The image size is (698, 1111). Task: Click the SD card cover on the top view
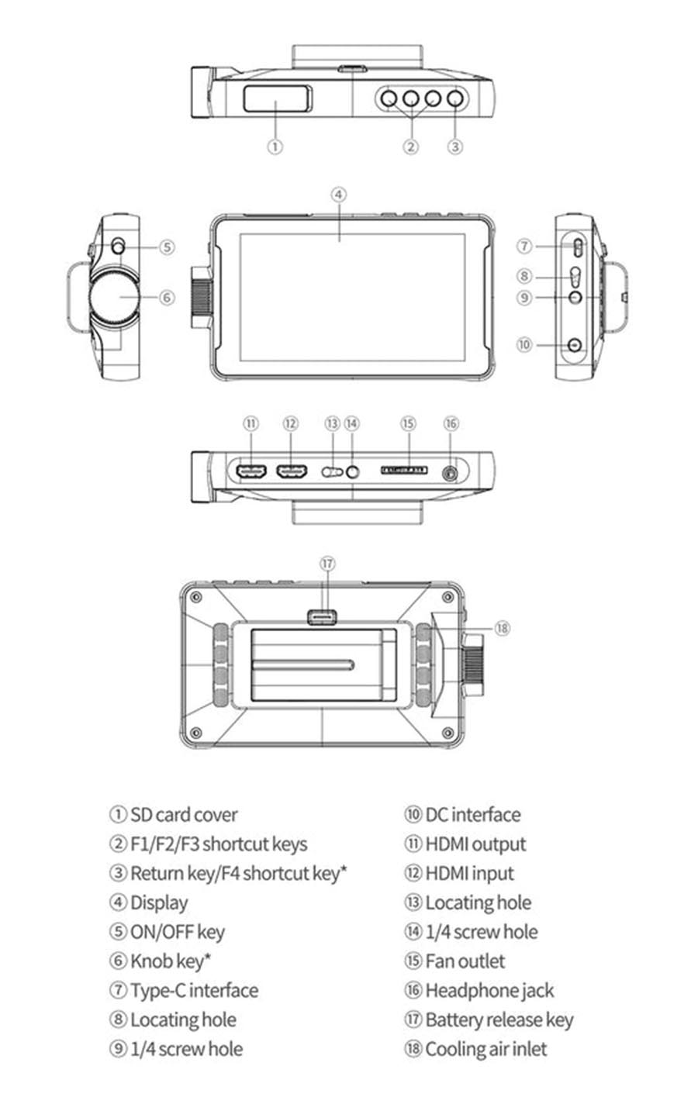pyautogui.click(x=278, y=98)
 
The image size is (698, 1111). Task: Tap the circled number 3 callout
pyautogui.click(x=455, y=147)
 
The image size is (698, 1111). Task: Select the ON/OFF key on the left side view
pyautogui.click(x=118, y=246)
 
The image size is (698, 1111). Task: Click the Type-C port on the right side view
pyautogui.click(x=579, y=247)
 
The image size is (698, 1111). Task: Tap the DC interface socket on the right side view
pyautogui.click(x=575, y=345)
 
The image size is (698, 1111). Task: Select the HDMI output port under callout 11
pyautogui.click(x=251, y=471)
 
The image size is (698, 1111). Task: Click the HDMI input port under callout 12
pyautogui.click(x=291, y=471)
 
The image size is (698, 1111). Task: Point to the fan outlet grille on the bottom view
pyautogui.click(x=404, y=470)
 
